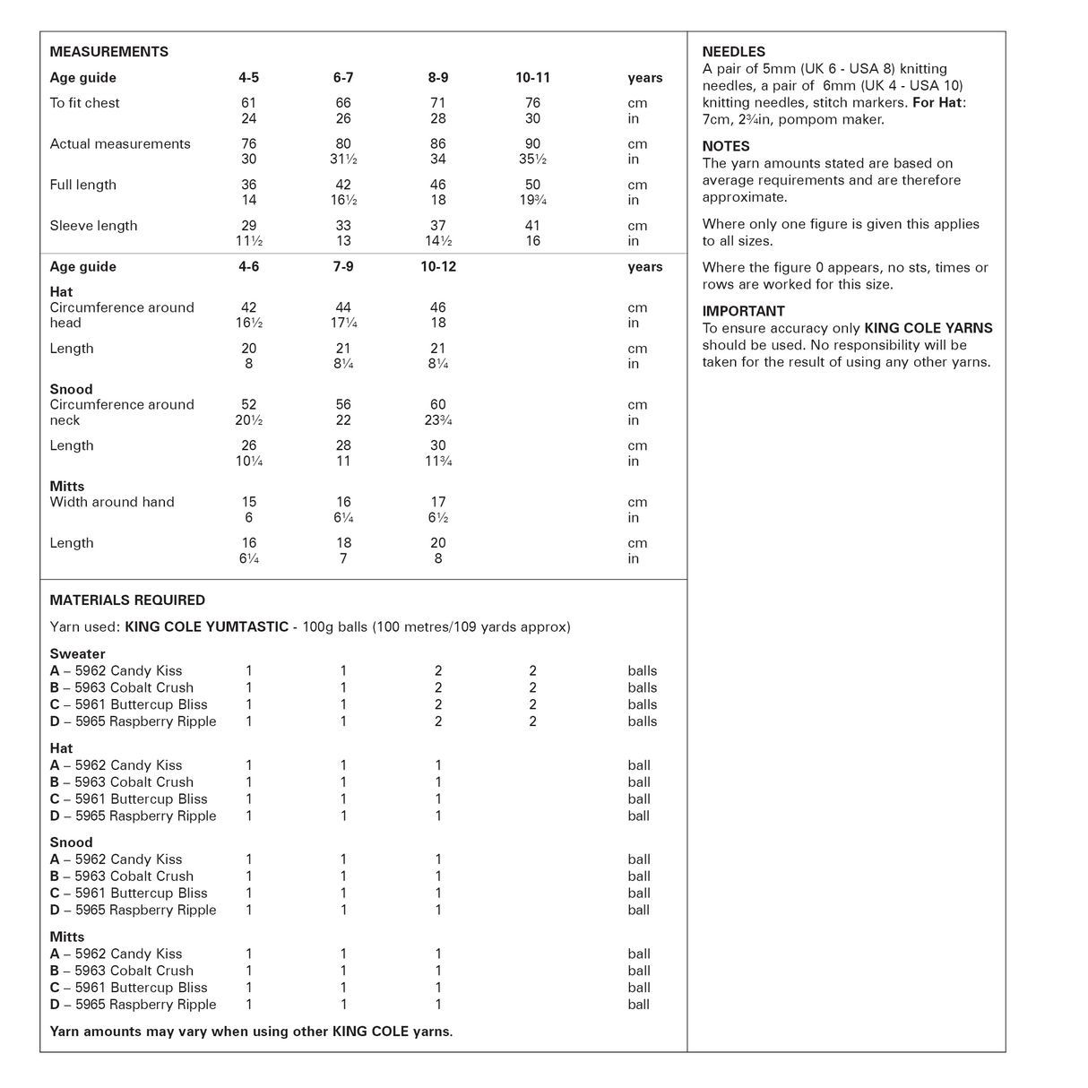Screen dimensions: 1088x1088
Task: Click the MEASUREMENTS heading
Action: click(x=108, y=52)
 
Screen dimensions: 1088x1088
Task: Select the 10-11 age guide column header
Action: click(x=532, y=78)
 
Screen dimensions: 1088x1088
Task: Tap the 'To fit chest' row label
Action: click(x=84, y=103)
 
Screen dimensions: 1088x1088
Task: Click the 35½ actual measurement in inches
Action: click(x=532, y=160)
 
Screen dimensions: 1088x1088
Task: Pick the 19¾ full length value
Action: click(x=532, y=201)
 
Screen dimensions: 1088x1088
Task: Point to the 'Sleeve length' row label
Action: click(x=93, y=226)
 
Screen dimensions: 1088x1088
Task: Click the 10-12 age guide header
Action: click(x=437, y=267)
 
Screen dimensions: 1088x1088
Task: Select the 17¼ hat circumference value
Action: click(x=343, y=324)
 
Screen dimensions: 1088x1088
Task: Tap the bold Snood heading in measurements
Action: click(x=71, y=389)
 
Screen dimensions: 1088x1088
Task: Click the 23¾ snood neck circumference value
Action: click(x=437, y=420)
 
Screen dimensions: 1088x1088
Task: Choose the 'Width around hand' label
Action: click(x=112, y=502)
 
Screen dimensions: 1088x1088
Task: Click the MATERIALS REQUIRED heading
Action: click(x=127, y=600)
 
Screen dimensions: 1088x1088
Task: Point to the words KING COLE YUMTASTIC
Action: click(x=206, y=627)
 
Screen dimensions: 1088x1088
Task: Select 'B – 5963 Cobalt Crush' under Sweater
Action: click(x=122, y=688)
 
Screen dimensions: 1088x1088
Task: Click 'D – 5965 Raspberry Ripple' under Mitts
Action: click(x=133, y=1005)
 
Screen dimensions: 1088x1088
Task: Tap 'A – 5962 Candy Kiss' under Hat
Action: click(x=116, y=765)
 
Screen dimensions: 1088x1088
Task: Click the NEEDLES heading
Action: click(x=733, y=52)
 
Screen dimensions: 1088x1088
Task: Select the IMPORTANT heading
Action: click(x=743, y=311)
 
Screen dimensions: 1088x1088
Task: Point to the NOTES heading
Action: click(x=726, y=146)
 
